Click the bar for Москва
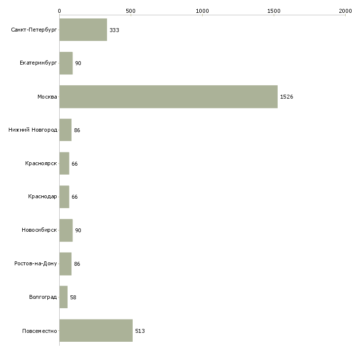pyautogui.click(x=169, y=97)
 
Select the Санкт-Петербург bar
pyautogui.click(x=83, y=30)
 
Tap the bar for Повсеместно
pyautogui.click(x=96, y=330)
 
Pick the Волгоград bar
pyautogui.click(x=63, y=297)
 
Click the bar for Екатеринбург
pyautogui.click(x=66, y=63)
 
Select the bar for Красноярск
pyautogui.click(x=64, y=163)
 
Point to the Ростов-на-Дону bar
pyautogui.click(x=66, y=264)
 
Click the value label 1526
pyautogui.click(x=287, y=97)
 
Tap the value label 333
pyautogui.click(x=114, y=30)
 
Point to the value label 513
pyautogui.click(x=140, y=331)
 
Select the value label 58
pyautogui.click(x=73, y=297)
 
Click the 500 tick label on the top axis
pyautogui.click(x=131, y=11)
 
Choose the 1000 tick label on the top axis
pyautogui.click(x=202, y=11)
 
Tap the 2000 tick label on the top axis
pyautogui.click(x=345, y=11)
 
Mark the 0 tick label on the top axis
pyautogui.click(x=60, y=11)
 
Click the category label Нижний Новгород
pyautogui.click(x=33, y=130)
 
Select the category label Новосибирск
pyautogui.click(x=39, y=230)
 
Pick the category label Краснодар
pyautogui.click(x=42, y=197)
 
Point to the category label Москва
pyautogui.click(x=47, y=97)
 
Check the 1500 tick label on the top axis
pyautogui.click(x=274, y=11)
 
